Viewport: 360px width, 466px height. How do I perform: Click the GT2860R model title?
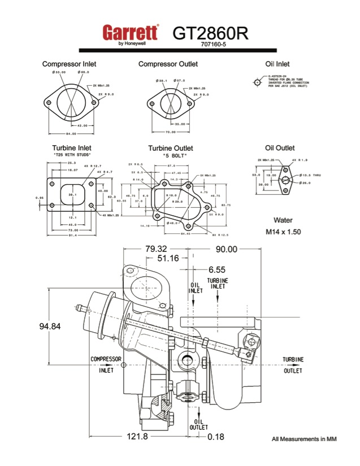[210, 32]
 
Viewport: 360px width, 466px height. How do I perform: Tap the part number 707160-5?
[213, 44]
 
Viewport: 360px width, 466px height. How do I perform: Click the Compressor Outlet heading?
[168, 64]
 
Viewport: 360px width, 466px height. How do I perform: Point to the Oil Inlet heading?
[277, 64]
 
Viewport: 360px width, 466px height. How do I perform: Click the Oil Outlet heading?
[280, 148]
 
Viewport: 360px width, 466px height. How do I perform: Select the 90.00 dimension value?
[226, 249]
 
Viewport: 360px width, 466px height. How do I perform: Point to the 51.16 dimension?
[161, 259]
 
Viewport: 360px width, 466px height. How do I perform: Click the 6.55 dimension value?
[216, 269]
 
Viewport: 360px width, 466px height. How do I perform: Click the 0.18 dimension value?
[216, 437]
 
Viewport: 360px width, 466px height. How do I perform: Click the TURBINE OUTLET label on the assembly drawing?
[293, 365]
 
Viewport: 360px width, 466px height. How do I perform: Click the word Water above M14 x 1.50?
[283, 220]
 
